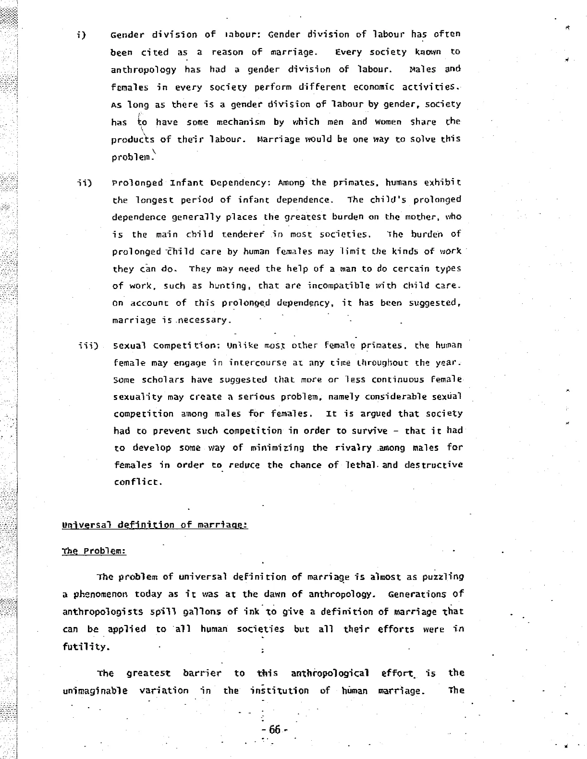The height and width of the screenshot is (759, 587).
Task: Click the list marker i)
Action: tap(81, 35)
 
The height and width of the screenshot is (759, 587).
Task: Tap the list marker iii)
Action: tap(88, 346)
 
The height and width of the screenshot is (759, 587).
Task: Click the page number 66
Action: tap(275, 730)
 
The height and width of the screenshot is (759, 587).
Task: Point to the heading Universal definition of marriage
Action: tap(155, 525)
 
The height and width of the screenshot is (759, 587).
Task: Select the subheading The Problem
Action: tap(94, 551)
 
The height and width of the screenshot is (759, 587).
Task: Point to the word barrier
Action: tap(202, 673)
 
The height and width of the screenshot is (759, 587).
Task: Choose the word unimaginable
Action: tap(95, 691)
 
